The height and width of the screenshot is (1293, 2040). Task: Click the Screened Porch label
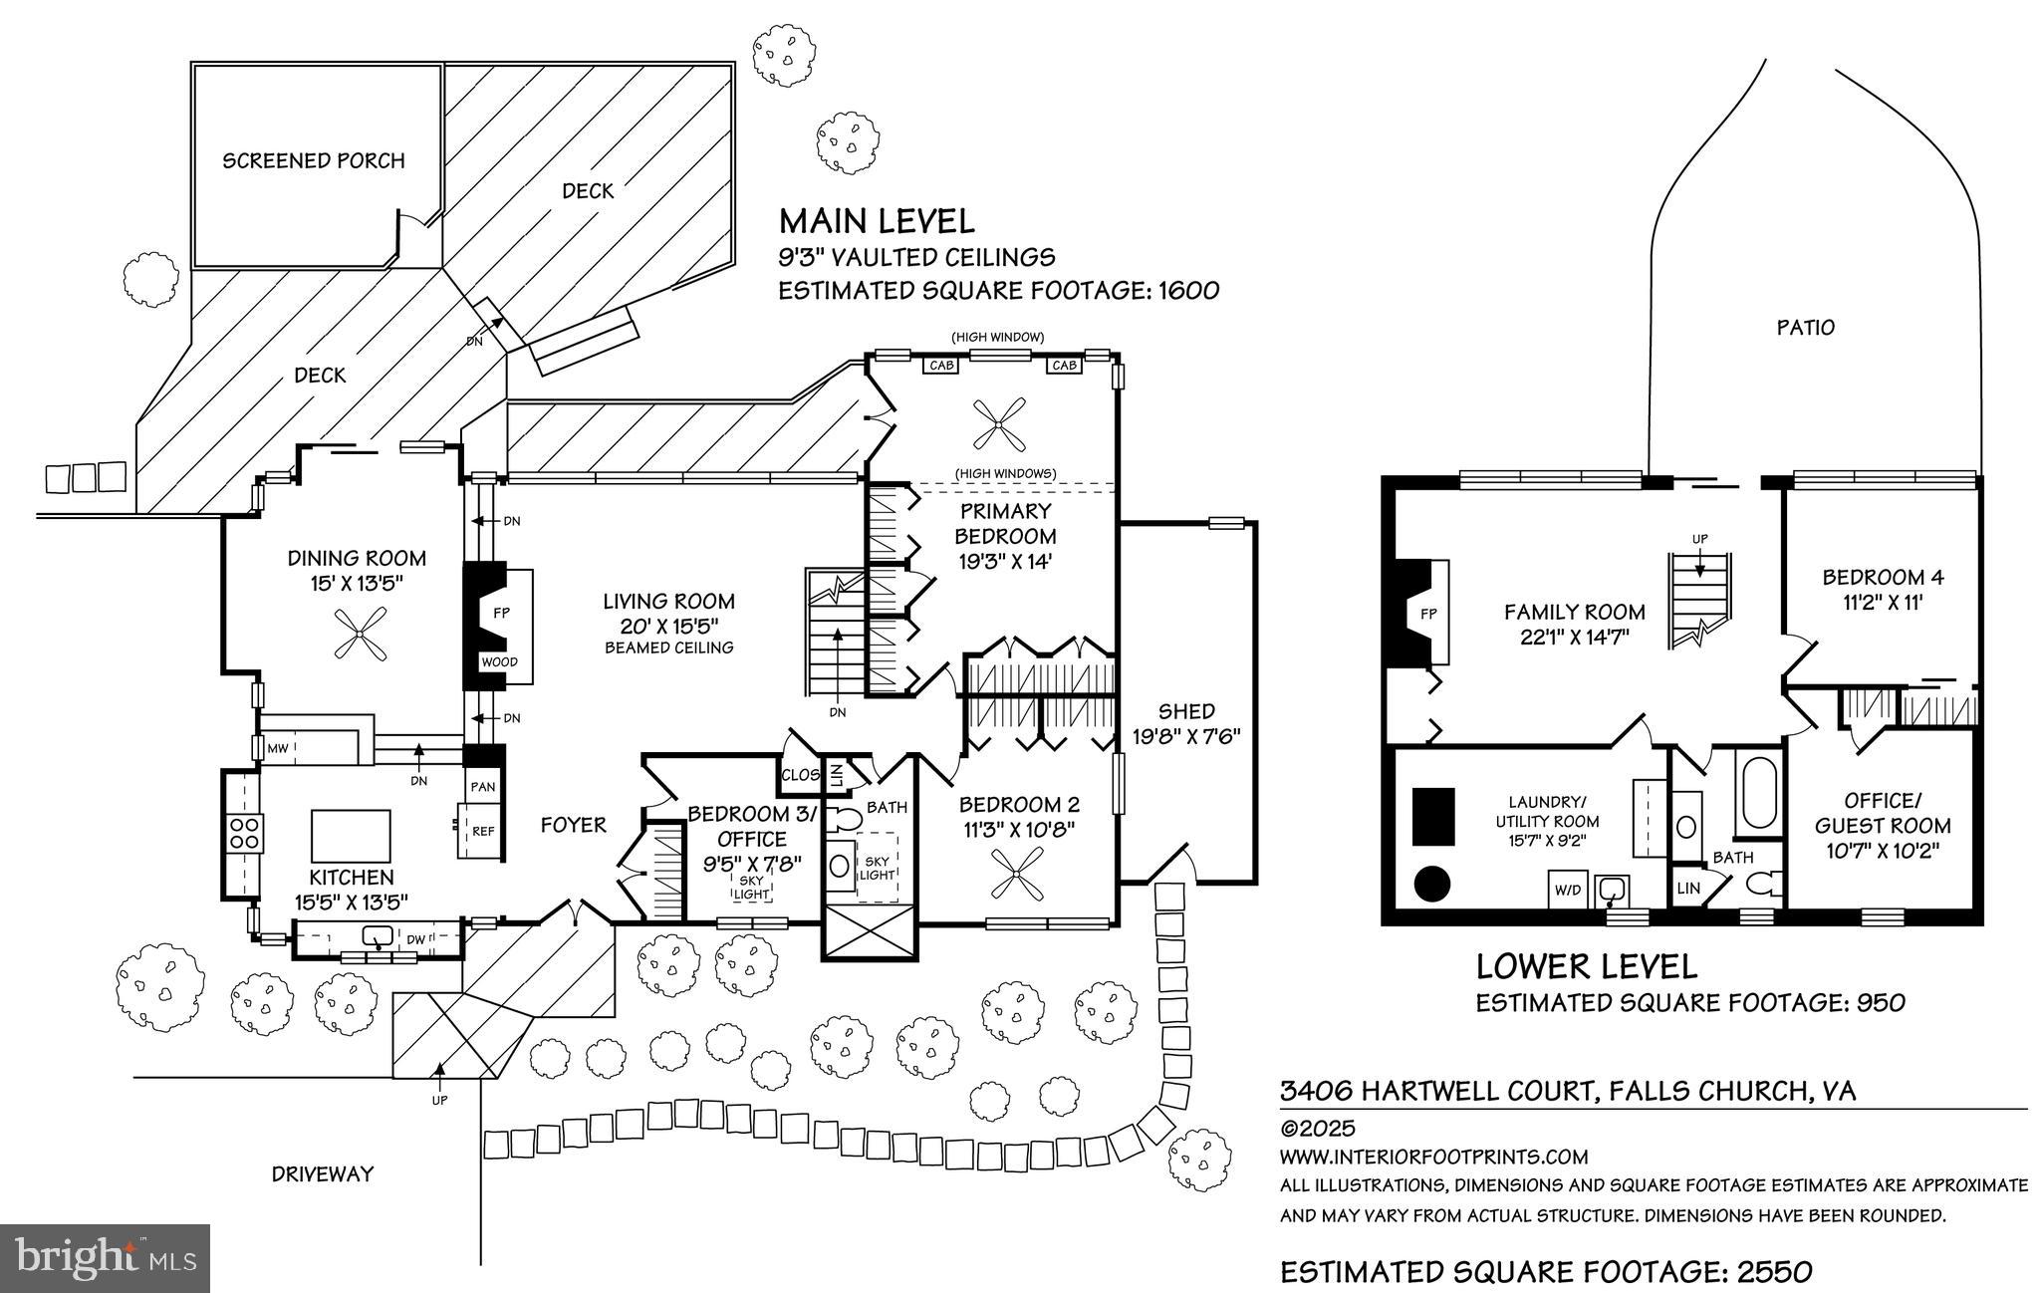click(314, 160)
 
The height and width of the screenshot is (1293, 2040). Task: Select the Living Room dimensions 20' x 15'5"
click(668, 625)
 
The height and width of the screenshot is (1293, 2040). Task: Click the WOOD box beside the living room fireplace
click(500, 662)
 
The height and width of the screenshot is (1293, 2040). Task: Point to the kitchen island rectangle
click(351, 836)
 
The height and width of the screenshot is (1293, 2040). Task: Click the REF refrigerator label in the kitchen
click(483, 831)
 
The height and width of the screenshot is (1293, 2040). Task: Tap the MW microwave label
click(277, 747)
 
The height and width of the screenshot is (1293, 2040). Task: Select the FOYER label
click(573, 825)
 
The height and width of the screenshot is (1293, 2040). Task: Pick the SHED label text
click(1186, 711)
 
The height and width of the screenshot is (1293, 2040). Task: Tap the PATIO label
click(1805, 327)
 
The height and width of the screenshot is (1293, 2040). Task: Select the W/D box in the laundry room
click(1566, 889)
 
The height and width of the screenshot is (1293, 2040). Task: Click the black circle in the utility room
click(1432, 882)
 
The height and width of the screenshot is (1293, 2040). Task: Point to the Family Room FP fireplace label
click(1427, 614)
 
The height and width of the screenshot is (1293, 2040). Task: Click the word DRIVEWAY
click(323, 1173)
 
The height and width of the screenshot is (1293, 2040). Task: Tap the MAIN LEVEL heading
click(876, 219)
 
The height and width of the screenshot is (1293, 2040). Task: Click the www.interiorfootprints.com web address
click(1433, 1157)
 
